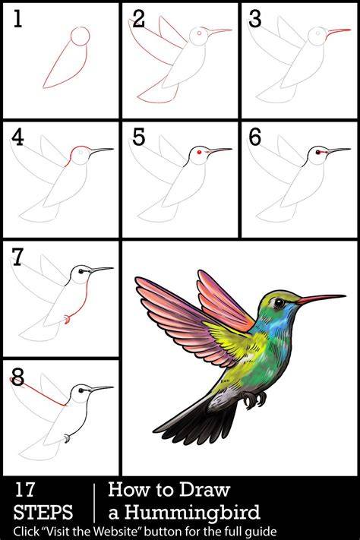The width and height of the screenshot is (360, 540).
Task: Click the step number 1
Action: pos(17,18)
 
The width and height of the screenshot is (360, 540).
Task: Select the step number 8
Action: pos(18,377)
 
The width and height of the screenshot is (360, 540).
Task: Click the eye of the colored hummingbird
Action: pos(279,303)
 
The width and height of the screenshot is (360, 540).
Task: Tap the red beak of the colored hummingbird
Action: pos(321,298)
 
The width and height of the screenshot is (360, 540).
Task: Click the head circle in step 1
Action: pos(80,36)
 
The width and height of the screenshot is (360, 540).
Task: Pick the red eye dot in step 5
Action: pos(199,152)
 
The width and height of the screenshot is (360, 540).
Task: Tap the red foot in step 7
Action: pos(68,320)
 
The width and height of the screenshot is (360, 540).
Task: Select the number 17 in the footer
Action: pos(24,489)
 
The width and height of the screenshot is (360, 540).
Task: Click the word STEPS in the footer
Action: pos(43,512)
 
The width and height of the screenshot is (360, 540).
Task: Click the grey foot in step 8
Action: pos(67,439)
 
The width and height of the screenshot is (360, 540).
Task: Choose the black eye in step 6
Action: pos(317,152)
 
